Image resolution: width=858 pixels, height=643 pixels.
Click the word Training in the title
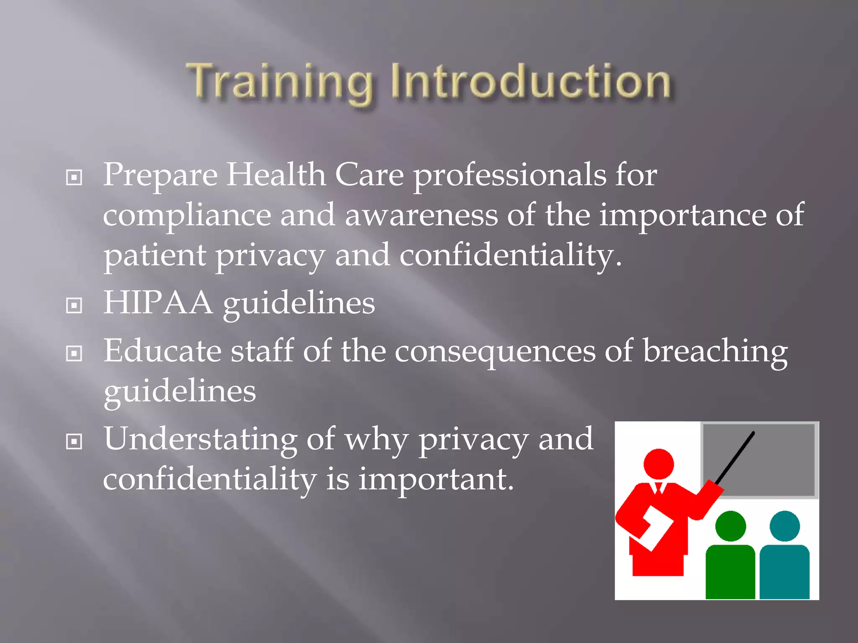[x=280, y=82]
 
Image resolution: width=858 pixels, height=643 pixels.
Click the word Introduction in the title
[x=531, y=82]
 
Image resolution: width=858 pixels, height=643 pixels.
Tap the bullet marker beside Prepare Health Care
[x=74, y=177]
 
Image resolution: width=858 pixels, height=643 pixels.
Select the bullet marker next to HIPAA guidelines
[x=74, y=306]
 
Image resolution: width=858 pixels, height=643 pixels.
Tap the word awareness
[x=421, y=215]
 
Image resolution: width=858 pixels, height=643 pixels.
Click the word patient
[x=155, y=255]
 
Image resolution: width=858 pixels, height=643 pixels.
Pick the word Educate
[x=163, y=351]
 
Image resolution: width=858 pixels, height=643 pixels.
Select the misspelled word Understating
[x=201, y=440]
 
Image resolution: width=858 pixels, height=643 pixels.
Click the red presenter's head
[x=658, y=464]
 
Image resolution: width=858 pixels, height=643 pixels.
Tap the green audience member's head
[x=730, y=526]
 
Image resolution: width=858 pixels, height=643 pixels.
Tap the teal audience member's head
[x=784, y=526]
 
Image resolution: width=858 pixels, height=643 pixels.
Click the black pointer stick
[x=735, y=458]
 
